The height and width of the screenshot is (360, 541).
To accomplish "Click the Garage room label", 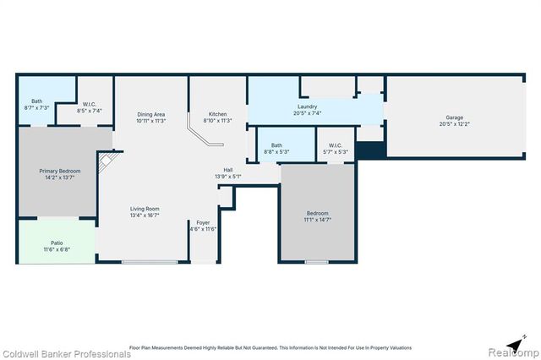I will (x=454, y=117).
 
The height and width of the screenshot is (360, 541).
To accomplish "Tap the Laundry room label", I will (x=306, y=106).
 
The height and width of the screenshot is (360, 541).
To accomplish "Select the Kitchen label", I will (x=218, y=114).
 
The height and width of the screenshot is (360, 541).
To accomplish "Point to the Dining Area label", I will (x=150, y=114).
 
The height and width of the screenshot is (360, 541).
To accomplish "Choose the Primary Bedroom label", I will (x=59, y=171).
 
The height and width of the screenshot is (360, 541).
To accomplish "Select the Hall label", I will (x=228, y=170).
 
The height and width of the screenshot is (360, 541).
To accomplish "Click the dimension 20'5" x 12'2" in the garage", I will (x=454, y=125).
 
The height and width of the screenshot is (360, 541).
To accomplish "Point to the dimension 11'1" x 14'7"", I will (x=318, y=220).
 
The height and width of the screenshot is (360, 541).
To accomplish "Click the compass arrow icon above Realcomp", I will (x=523, y=338).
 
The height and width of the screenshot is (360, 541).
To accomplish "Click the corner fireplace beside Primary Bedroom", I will (x=107, y=162).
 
